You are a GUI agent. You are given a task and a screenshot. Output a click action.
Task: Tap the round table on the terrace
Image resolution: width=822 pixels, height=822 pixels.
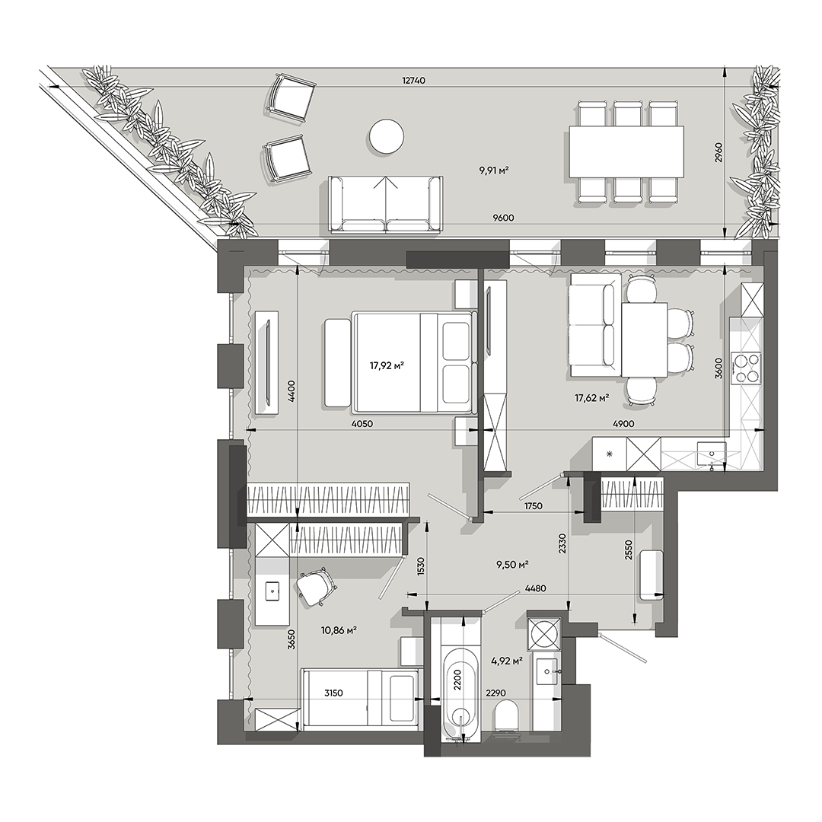pyautogui.click(x=387, y=137)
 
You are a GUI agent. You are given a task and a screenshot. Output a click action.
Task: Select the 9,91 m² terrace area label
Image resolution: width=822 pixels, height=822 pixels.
pyautogui.click(x=493, y=170)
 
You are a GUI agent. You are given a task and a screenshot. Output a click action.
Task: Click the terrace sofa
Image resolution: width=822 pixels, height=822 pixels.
pyautogui.click(x=386, y=203)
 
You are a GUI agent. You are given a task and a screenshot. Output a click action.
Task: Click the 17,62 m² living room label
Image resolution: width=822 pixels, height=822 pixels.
pyautogui.click(x=592, y=397)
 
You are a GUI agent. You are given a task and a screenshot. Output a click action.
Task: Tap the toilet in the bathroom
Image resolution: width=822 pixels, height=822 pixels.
pyautogui.click(x=505, y=717)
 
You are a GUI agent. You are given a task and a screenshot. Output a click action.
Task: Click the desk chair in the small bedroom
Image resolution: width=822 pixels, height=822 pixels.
pyautogui.click(x=315, y=585)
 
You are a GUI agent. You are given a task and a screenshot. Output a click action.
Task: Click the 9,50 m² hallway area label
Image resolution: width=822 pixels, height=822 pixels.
pyautogui.click(x=512, y=565)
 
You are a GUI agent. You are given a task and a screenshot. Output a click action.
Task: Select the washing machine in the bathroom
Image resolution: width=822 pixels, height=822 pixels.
pyautogui.click(x=545, y=633)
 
